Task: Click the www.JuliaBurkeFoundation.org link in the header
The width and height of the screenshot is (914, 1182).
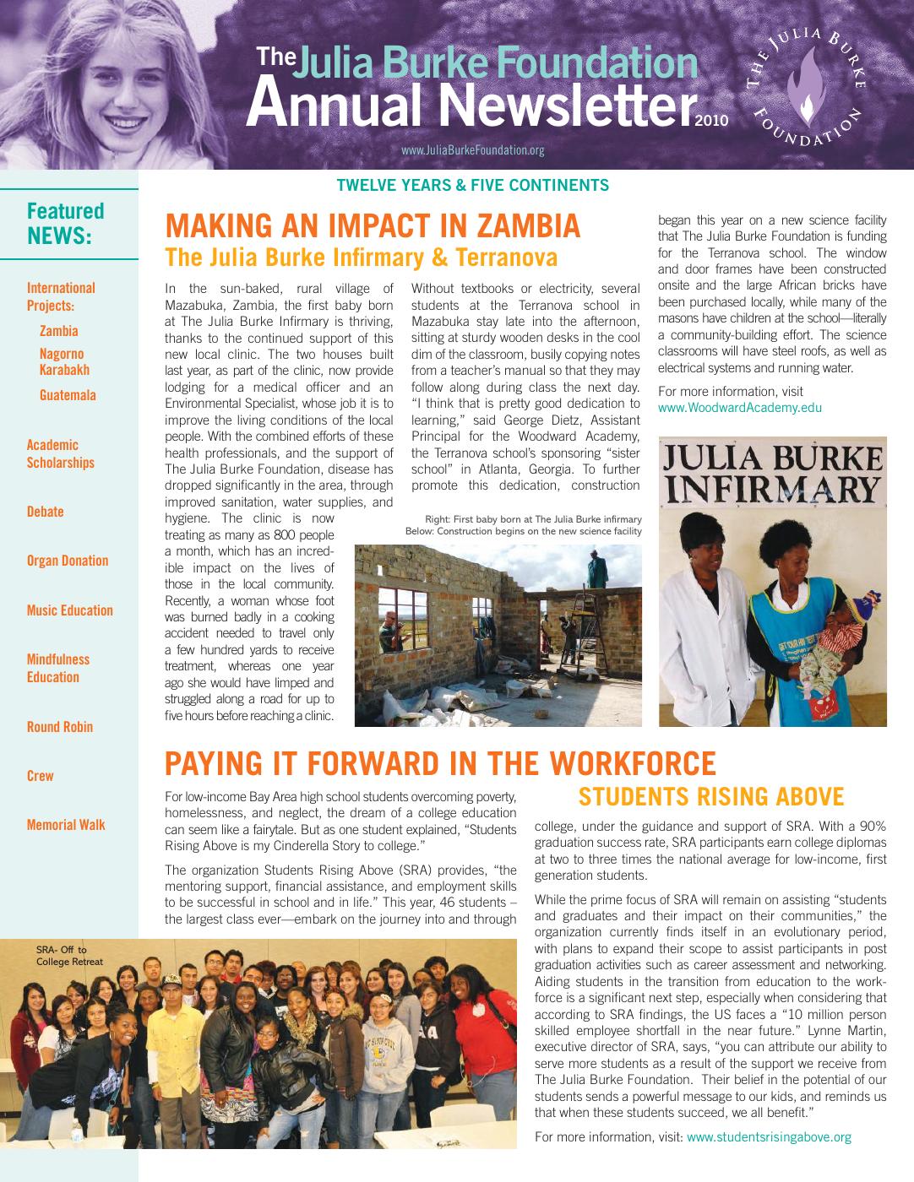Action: coord(472,151)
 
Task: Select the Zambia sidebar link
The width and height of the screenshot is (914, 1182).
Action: coord(58,331)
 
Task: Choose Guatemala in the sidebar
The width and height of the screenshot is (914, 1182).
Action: coord(68,395)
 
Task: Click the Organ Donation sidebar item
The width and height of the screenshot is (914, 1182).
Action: coord(68,561)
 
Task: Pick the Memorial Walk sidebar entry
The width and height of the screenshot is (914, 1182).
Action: coord(66,825)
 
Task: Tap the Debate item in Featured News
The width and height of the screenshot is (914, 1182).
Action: coord(45,512)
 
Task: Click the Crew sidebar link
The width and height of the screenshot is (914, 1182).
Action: coord(40,776)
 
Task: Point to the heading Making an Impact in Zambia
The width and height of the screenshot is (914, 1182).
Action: coord(373,226)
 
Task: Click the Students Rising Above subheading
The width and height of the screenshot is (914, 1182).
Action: coord(710,797)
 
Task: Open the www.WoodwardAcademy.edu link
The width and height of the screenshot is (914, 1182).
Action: coord(740,408)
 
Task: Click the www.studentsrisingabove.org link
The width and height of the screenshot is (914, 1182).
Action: coord(769,1137)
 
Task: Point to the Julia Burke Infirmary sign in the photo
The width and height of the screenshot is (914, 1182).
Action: coord(772,474)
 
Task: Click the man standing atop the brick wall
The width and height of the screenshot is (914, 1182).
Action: coord(597,567)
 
